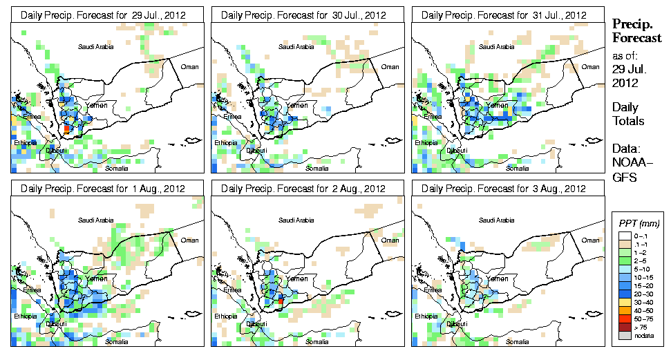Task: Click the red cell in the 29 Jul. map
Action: click(x=66, y=128)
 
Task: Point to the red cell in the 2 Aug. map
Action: click(x=280, y=301)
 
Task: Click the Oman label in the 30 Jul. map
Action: click(x=390, y=66)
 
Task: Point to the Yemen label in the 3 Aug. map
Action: click(x=498, y=278)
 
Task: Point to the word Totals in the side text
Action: click(x=628, y=122)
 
